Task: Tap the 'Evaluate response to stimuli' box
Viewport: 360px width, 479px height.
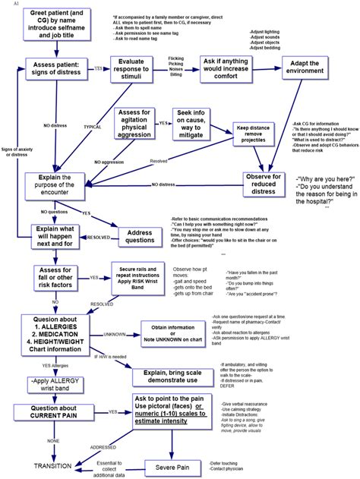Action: [137, 68]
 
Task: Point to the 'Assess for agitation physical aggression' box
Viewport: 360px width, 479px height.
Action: [136, 122]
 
